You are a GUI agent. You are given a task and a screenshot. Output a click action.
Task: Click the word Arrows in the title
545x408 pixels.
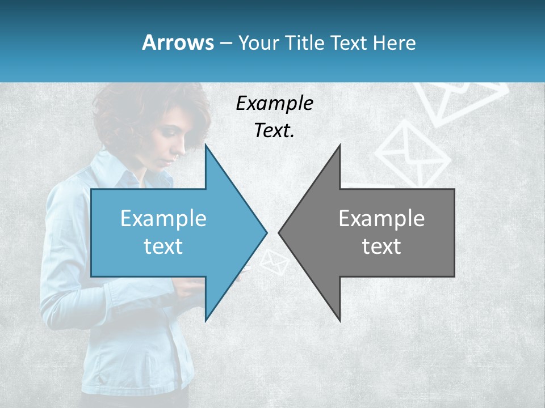coord(178,42)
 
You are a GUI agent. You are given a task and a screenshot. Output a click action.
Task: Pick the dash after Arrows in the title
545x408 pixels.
coord(225,44)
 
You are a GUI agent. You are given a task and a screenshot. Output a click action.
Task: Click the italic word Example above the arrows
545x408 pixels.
coord(274,104)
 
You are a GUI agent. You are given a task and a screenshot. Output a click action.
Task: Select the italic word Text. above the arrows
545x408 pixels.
coord(274,130)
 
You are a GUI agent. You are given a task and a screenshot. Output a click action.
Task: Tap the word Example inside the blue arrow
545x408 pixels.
coord(163,219)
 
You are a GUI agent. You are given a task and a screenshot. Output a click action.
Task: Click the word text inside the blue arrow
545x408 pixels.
coord(163,246)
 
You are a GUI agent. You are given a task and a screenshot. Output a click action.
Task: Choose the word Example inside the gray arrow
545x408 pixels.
coord(381,219)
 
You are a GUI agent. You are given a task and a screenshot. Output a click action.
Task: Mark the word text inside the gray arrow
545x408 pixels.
coord(381,246)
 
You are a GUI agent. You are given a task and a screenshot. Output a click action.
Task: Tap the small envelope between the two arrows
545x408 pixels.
coord(275,262)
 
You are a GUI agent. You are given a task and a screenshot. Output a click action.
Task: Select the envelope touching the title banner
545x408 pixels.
coord(460,99)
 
